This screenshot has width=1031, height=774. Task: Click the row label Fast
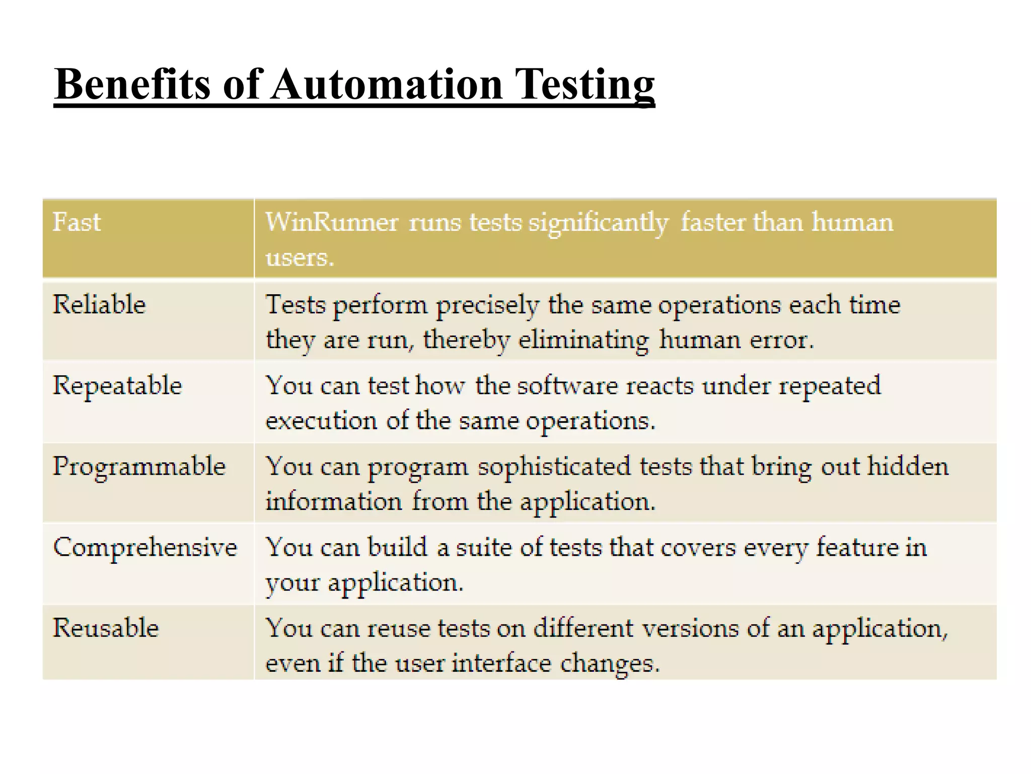pos(77,222)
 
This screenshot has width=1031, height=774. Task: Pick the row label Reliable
pos(99,304)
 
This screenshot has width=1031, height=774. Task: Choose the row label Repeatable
pos(117,386)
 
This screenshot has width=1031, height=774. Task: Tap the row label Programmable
pos(139,467)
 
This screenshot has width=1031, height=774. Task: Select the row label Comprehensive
pos(145,547)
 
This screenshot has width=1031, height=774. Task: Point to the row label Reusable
pos(106,628)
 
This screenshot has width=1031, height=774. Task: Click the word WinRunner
pos(332,222)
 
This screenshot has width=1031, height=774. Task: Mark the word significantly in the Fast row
pos(599,223)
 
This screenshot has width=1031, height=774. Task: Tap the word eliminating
pos(583,340)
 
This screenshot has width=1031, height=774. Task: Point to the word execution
pos(321,420)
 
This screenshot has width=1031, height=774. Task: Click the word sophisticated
pos(554,467)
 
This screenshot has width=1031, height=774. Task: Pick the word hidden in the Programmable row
pos(908,466)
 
